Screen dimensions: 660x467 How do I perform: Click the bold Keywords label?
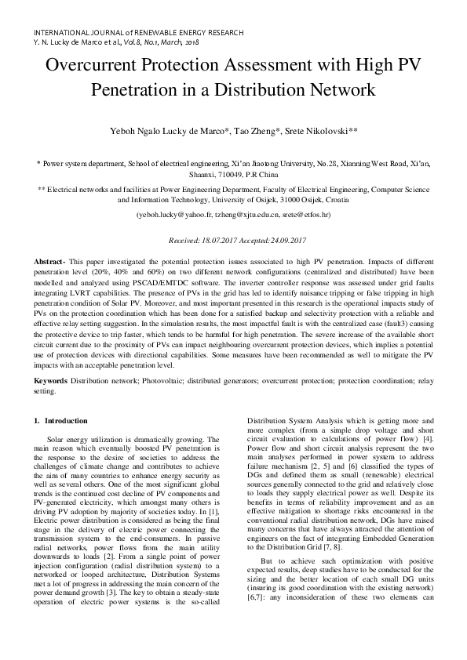click(50, 380)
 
